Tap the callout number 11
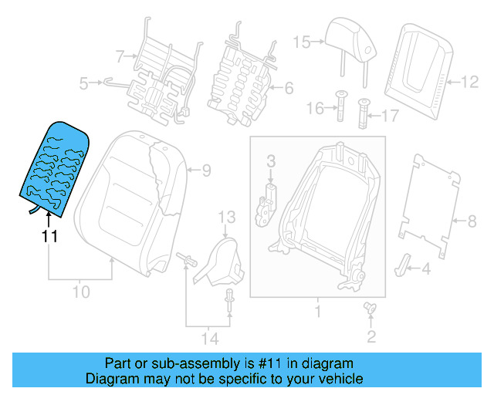coord(49,237)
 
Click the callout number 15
coord(300,42)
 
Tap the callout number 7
coord(120,56)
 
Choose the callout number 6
coord(289,89)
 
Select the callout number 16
coord(313,110)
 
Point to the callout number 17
coord(390,116)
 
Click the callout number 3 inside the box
coord(271,161)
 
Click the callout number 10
coord(81,292)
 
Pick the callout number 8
coord(472,222)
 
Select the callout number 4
coord(425,269)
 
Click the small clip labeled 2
coord(370,309)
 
